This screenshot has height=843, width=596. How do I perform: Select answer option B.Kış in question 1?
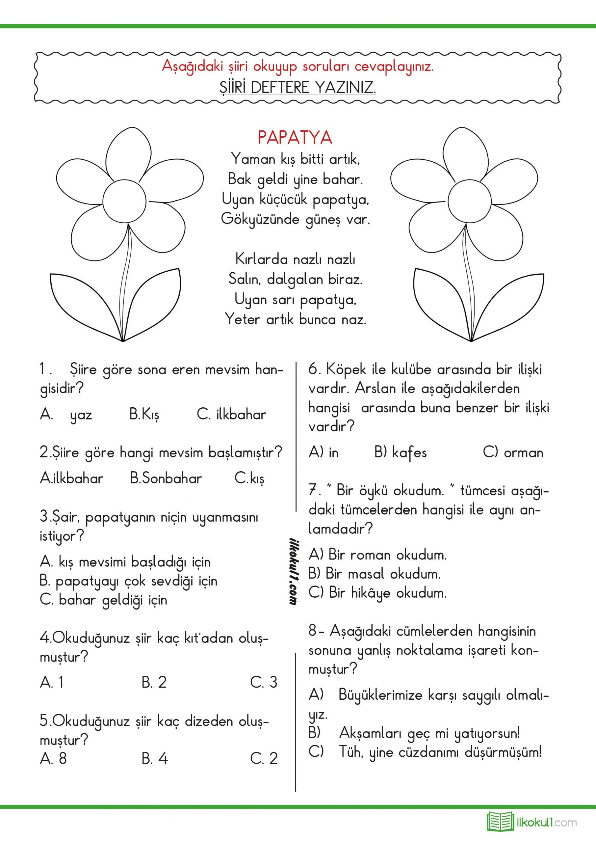click(x=144, y=415)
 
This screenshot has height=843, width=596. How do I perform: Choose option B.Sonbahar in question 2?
click(x=166, y=478)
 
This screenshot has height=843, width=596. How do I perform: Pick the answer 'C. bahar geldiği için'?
click(x=103, y=600)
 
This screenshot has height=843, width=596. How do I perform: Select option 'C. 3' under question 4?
click(x=264, y=682)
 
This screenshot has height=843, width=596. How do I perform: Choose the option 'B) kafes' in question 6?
click(x=401, y=453)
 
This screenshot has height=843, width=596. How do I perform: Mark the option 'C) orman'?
click(x=513, y=453)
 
